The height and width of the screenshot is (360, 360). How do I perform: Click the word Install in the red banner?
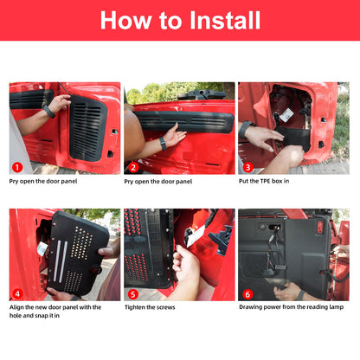pyautogui.click(x=225, y=20)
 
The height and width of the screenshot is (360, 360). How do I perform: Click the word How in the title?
pyautogui.click(x=125, y=20)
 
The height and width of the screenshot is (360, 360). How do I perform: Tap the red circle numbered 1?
pyautogui.click(x=17, y=167)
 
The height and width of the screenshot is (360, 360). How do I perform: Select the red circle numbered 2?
pyautogui.click(x=133, y=168)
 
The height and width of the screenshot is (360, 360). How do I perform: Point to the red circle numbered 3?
pyautogui.click(x=247, y=167)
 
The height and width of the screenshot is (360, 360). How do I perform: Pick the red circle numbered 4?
pyautogui.click(x=17, y=294)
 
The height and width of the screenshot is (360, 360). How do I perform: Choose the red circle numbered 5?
pyautogui.click(x=133, y=294)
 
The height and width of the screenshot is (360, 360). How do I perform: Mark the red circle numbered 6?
pyautogui.click(x=247, y=294)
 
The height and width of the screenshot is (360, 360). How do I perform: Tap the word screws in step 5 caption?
pyautogui.click(x=164, y=307)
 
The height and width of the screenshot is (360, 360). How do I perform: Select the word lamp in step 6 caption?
pyautogui.click(x=337, y=307)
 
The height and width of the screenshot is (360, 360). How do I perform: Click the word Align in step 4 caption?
pyautogui.click(x=16, y=307)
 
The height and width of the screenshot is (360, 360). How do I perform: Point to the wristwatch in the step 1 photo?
pyautogui.click(x=49, y=112)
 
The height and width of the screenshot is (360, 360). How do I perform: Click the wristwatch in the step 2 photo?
pyautogui.click(x=163, y=144)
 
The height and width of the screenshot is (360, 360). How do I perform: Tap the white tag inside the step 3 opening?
pyautogui.click(x=286, y=115)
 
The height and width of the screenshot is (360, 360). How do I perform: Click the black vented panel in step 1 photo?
pyautogui.click(x=87, y=128)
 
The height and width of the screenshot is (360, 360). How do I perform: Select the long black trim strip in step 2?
pyautogui.click(x=183, y=122)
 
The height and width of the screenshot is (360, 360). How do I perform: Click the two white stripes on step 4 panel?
pyautogui.click(x=61, y=261)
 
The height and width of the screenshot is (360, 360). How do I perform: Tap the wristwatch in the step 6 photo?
pyautogui.click(x=301, y=295)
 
